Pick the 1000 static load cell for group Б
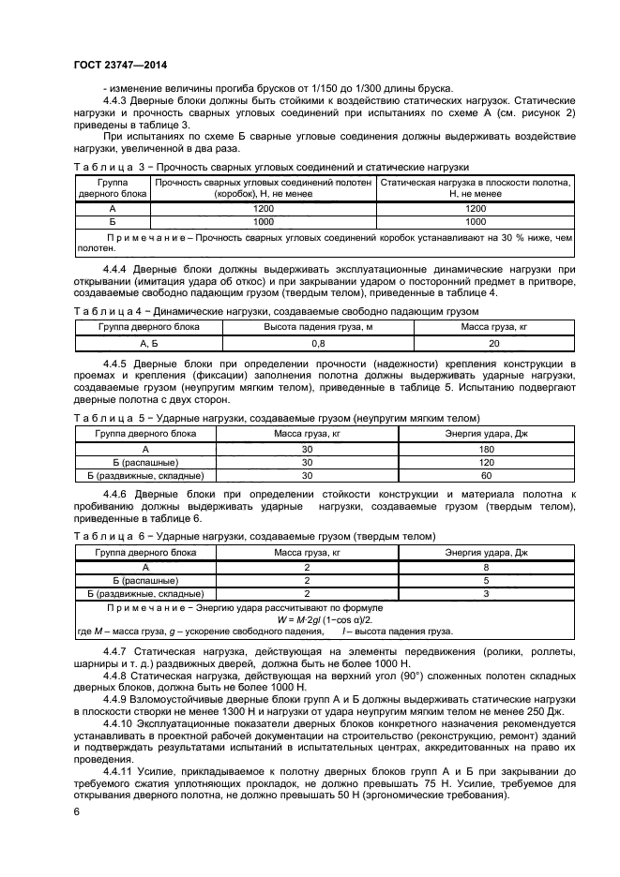pos(476,222)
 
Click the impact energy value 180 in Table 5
pos(488,450)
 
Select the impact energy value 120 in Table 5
pos(488,463)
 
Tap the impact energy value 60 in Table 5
pos(488,476)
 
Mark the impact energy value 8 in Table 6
pos(488,567)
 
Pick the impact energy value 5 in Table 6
pos(488,580)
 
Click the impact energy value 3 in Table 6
pos(488,593)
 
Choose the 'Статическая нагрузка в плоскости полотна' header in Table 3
pos(476,187)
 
